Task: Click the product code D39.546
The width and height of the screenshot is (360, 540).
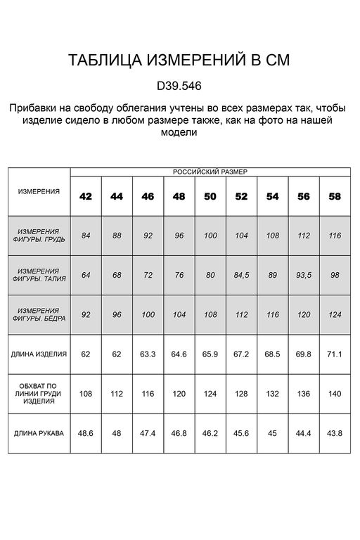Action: click(179, 86)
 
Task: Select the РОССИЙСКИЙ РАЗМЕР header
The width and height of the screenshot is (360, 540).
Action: click(210, 172)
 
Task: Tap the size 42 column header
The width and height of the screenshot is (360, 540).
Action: click(86, 196)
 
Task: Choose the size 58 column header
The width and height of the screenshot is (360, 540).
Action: click(335, 196)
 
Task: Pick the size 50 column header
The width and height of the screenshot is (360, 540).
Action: click(210, 196)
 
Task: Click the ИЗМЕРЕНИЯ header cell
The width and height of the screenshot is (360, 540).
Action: click(39, 191)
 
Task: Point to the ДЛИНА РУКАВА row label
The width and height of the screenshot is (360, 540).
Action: click(39, 433)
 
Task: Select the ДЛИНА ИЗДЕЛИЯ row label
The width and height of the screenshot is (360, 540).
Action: click(39, 354)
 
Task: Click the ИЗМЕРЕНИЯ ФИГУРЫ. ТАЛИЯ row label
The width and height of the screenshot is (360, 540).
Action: click(39, 274)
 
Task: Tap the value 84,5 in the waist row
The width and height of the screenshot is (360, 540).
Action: click(241, 275)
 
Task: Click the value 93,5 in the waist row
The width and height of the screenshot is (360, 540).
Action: click(304, 275)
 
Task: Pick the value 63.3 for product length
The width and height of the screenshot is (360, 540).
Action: click(148, 354)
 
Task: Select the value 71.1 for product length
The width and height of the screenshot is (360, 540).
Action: click(335, 354)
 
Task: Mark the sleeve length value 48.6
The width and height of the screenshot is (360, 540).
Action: click(86, 433)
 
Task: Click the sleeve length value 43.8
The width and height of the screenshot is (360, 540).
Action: click(335, 433)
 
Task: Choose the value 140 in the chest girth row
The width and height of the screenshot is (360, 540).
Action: click(335, 394)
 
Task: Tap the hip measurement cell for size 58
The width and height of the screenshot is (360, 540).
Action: click(335, 314)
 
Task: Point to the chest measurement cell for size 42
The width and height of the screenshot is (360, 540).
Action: click(86, 236)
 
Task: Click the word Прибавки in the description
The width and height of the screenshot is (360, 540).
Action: click(33, 109)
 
